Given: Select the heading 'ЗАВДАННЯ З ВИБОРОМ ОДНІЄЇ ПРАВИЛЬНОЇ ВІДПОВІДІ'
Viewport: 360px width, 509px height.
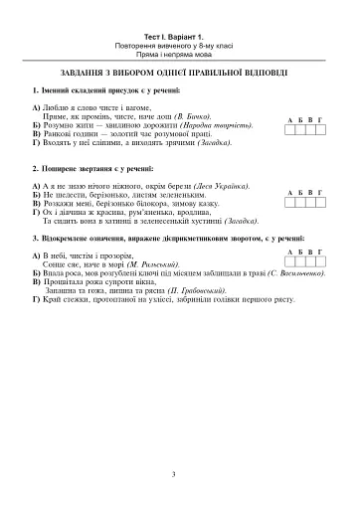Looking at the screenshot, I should coord(179,72).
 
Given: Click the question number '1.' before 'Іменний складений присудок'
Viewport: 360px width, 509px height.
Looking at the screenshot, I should coord(35,90).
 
